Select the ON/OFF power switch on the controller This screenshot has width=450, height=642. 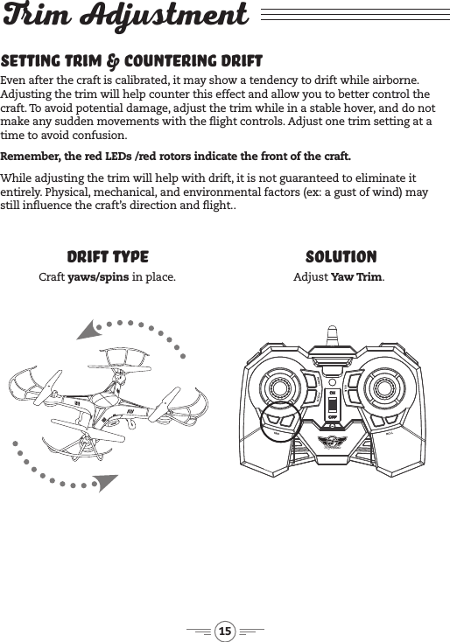333,403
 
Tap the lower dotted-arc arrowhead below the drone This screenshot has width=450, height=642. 103,482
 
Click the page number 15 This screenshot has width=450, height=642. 225,632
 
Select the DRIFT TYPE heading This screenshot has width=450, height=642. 108,257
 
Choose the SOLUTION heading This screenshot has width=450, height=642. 341,257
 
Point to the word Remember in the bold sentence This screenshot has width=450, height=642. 32,157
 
